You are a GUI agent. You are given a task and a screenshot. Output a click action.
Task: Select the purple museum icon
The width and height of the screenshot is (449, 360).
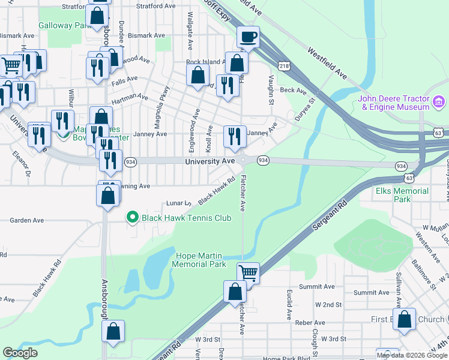click(439, 102)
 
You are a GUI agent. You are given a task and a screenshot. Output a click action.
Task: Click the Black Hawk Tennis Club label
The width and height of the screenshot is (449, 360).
click(186, 218)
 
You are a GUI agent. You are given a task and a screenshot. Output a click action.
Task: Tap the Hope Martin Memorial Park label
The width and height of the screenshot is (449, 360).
click(200, 260)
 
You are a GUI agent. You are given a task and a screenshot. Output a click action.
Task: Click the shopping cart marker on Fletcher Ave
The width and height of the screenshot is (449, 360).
click(248, 274)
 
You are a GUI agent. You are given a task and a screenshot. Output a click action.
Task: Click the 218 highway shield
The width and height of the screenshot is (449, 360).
click(284, 65)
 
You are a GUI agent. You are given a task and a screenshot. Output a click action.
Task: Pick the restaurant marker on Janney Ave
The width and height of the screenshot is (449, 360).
click(234, 137)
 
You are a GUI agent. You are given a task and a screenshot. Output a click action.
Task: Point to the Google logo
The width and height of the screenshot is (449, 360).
click(20, 353)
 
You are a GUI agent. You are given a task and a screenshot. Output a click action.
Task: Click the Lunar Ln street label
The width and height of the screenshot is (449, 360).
click(178, 203)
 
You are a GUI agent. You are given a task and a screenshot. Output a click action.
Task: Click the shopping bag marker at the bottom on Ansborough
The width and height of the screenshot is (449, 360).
click(113, 331)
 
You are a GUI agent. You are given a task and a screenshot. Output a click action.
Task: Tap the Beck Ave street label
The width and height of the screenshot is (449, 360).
click(293, 90)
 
